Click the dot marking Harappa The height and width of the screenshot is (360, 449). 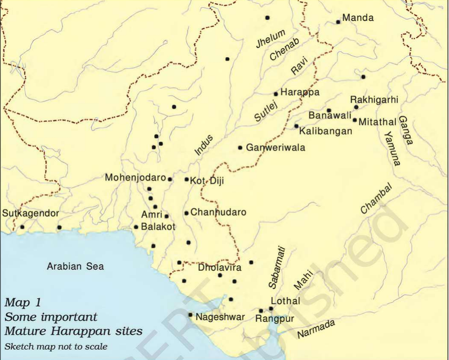pos(276,94)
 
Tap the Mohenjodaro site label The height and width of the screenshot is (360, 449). pos(135,177)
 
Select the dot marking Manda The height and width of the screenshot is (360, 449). pos(338,22)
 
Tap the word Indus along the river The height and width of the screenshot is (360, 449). pos(204,145)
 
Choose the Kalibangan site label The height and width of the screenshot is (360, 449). pos(326,131)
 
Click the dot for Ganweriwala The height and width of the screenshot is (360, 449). pos(240,148)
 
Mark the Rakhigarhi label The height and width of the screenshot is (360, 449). pos(374,100)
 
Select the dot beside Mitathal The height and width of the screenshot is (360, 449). pos(355,120)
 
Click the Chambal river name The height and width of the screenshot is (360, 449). pos(376,198)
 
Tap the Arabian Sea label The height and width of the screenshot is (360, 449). pos(75,266)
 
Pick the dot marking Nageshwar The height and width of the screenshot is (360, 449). pos(190,315)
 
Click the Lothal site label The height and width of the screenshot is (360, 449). pos(285,301)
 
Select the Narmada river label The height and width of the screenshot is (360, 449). pos(316,329)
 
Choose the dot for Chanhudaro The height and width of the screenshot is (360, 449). pos(186,213)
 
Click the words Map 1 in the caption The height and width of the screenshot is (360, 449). pos(23,303)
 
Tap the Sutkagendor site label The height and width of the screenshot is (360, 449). pos(30,213)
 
